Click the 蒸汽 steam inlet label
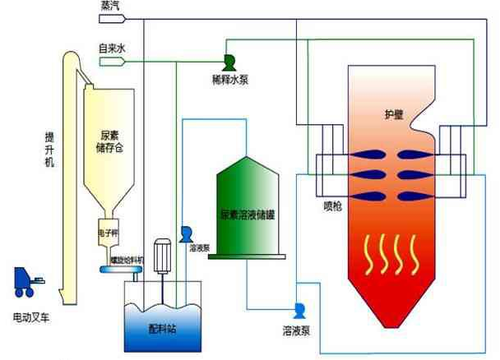(109, 7)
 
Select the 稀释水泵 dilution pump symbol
(229, 60)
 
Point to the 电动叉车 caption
(30, 316)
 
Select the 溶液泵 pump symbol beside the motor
(186, 233)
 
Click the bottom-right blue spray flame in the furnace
(413, 194)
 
